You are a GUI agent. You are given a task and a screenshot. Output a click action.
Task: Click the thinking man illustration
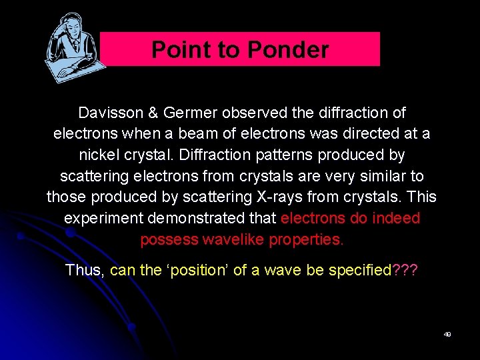click(x=73, y=48)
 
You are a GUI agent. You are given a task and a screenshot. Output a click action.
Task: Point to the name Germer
click(x=181, y=113)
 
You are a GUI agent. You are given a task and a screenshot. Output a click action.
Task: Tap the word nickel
click(x=100, y=155)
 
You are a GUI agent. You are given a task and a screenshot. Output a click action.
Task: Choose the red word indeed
click(x=396, y=219)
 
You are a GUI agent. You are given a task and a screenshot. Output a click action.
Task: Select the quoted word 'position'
click(x=194, y=270)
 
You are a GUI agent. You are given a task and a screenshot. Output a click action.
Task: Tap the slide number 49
click(x=447, y=334)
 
